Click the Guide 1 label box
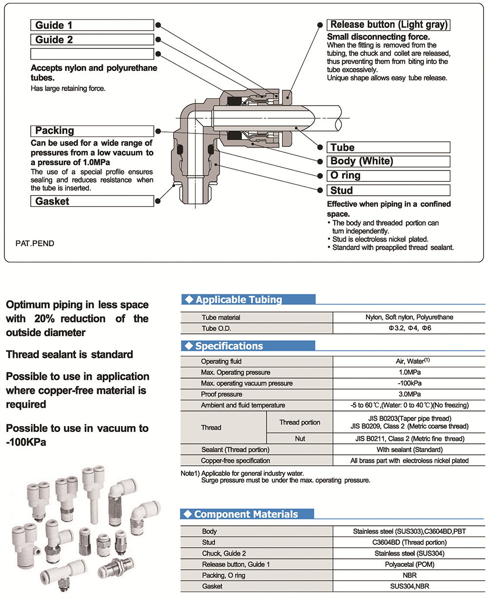coord(92,25)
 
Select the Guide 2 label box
coord(92,40)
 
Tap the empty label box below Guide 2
coord(92,54)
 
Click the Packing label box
coord(92,131)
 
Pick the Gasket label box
coord(92,201)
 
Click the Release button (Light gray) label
coord(388,24)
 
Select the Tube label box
coord(388,147)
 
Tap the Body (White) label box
coord(388,161)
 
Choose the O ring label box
coord(388,175)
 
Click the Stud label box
coord(388,190)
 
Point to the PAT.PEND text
coord(35,243)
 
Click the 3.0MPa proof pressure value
coord(409,394)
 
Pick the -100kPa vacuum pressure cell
coord(409,383)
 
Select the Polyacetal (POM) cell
coord(409,564)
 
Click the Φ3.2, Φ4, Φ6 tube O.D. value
coord(410,328)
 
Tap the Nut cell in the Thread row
coord(300,438)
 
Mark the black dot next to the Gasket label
coord(158,201)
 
